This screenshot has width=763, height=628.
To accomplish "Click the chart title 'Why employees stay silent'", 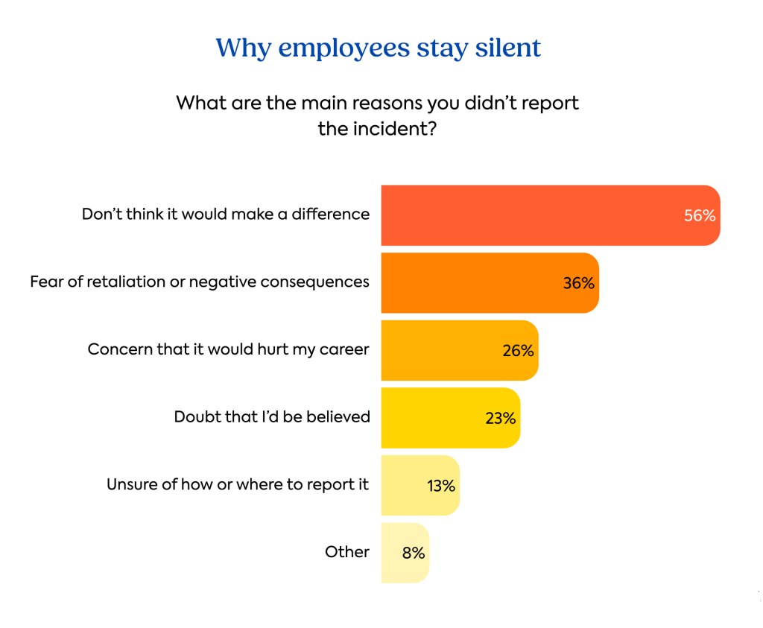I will (378, 48).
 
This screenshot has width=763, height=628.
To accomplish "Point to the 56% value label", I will (700, 216).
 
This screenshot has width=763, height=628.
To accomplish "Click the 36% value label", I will (579, 283).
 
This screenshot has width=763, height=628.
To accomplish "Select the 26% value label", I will (518, 350).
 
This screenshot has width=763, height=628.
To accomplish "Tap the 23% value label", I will (500, 418).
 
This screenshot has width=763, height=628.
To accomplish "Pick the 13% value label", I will (441, 486).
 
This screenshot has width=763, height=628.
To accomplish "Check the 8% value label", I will (414, 553).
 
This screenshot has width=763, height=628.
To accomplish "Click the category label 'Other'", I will (347, 552).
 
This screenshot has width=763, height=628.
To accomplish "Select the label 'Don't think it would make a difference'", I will (226, 215).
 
